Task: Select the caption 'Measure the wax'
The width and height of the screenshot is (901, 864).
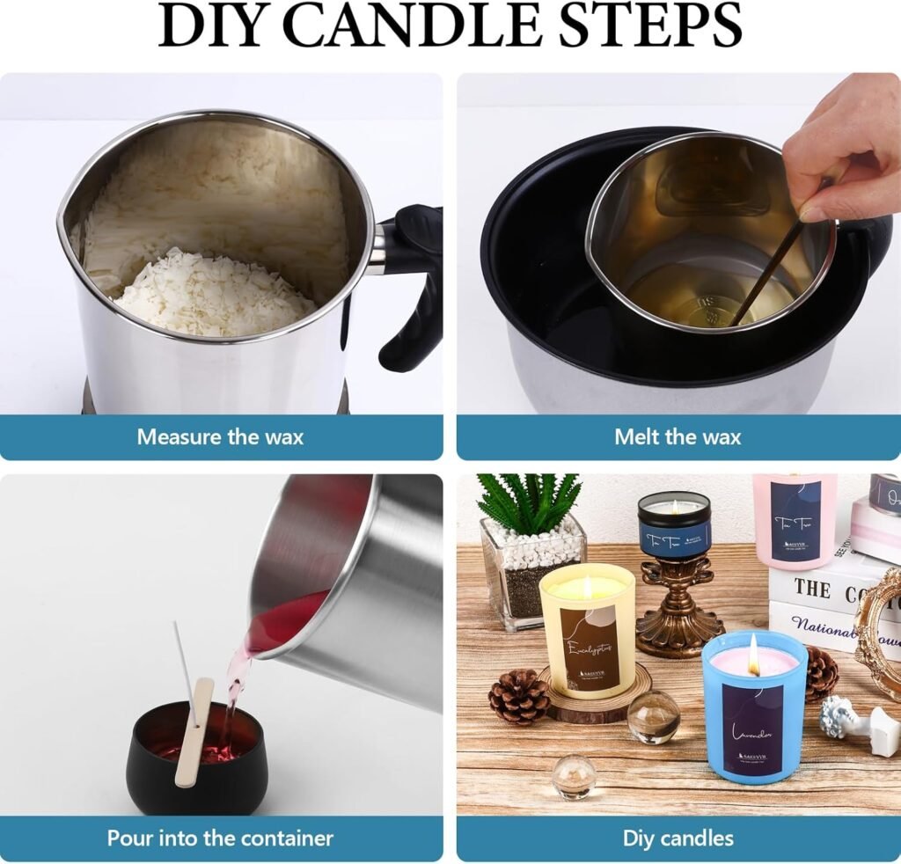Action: [x=220, y=436]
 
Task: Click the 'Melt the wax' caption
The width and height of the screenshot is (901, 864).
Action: [x=678, y=436]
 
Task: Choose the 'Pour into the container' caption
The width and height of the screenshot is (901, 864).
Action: [x=220, y=838]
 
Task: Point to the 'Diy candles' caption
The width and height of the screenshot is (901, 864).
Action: [x=678, y=838]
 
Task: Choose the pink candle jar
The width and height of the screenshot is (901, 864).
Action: [x=795, y=519]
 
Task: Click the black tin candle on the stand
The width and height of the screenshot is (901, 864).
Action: [x=674, y=524]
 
